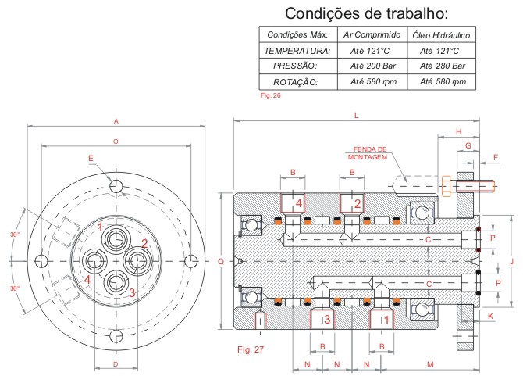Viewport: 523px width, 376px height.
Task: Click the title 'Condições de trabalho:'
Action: click(366, 13)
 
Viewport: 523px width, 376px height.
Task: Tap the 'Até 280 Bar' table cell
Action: click(442, 66)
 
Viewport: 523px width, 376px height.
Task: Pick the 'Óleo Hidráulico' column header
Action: click(442, 35)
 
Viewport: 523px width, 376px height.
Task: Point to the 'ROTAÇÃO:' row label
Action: click(297, 81)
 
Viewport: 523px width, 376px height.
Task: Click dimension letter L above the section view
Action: click(356, 115)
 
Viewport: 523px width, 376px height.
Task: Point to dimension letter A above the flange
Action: click(116, 121)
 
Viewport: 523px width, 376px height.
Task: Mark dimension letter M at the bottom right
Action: click(430, 365)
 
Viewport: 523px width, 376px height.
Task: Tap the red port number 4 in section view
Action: click(299, 204)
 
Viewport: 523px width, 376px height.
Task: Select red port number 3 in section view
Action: click(327, 319)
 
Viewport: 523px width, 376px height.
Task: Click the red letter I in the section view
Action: click(261, 319)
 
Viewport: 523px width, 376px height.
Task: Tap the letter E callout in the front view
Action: click(91, 159)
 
